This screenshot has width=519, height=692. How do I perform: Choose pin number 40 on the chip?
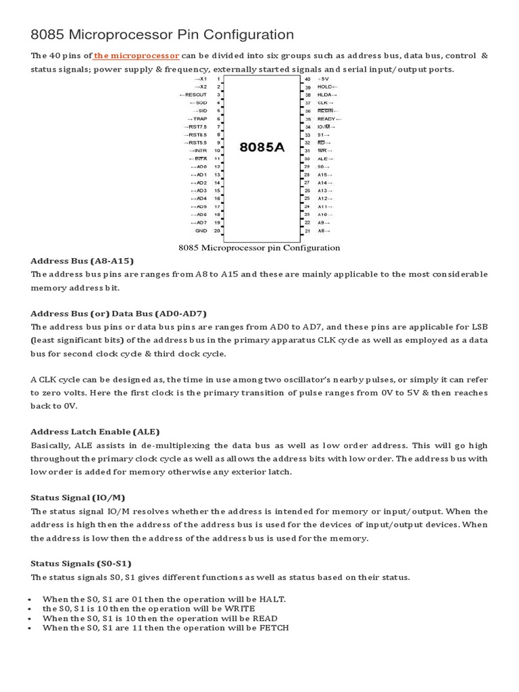pyautogui.click(x=307, y=79)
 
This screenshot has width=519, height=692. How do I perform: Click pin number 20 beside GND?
pyautogui.click(x=218, y=230)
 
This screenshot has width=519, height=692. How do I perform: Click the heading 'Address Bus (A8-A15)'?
pyautogui.click(x=82, y=261)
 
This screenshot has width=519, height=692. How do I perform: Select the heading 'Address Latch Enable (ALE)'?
pyautogui.click(x=95, y=431)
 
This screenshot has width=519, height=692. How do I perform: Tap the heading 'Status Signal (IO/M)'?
pyautogui.click(x=78, y=497)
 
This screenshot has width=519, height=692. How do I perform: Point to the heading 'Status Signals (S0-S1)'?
pyautogui.click(x=81, y=562)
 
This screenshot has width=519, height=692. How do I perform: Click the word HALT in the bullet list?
pyautogui.click(x=272, y=599)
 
